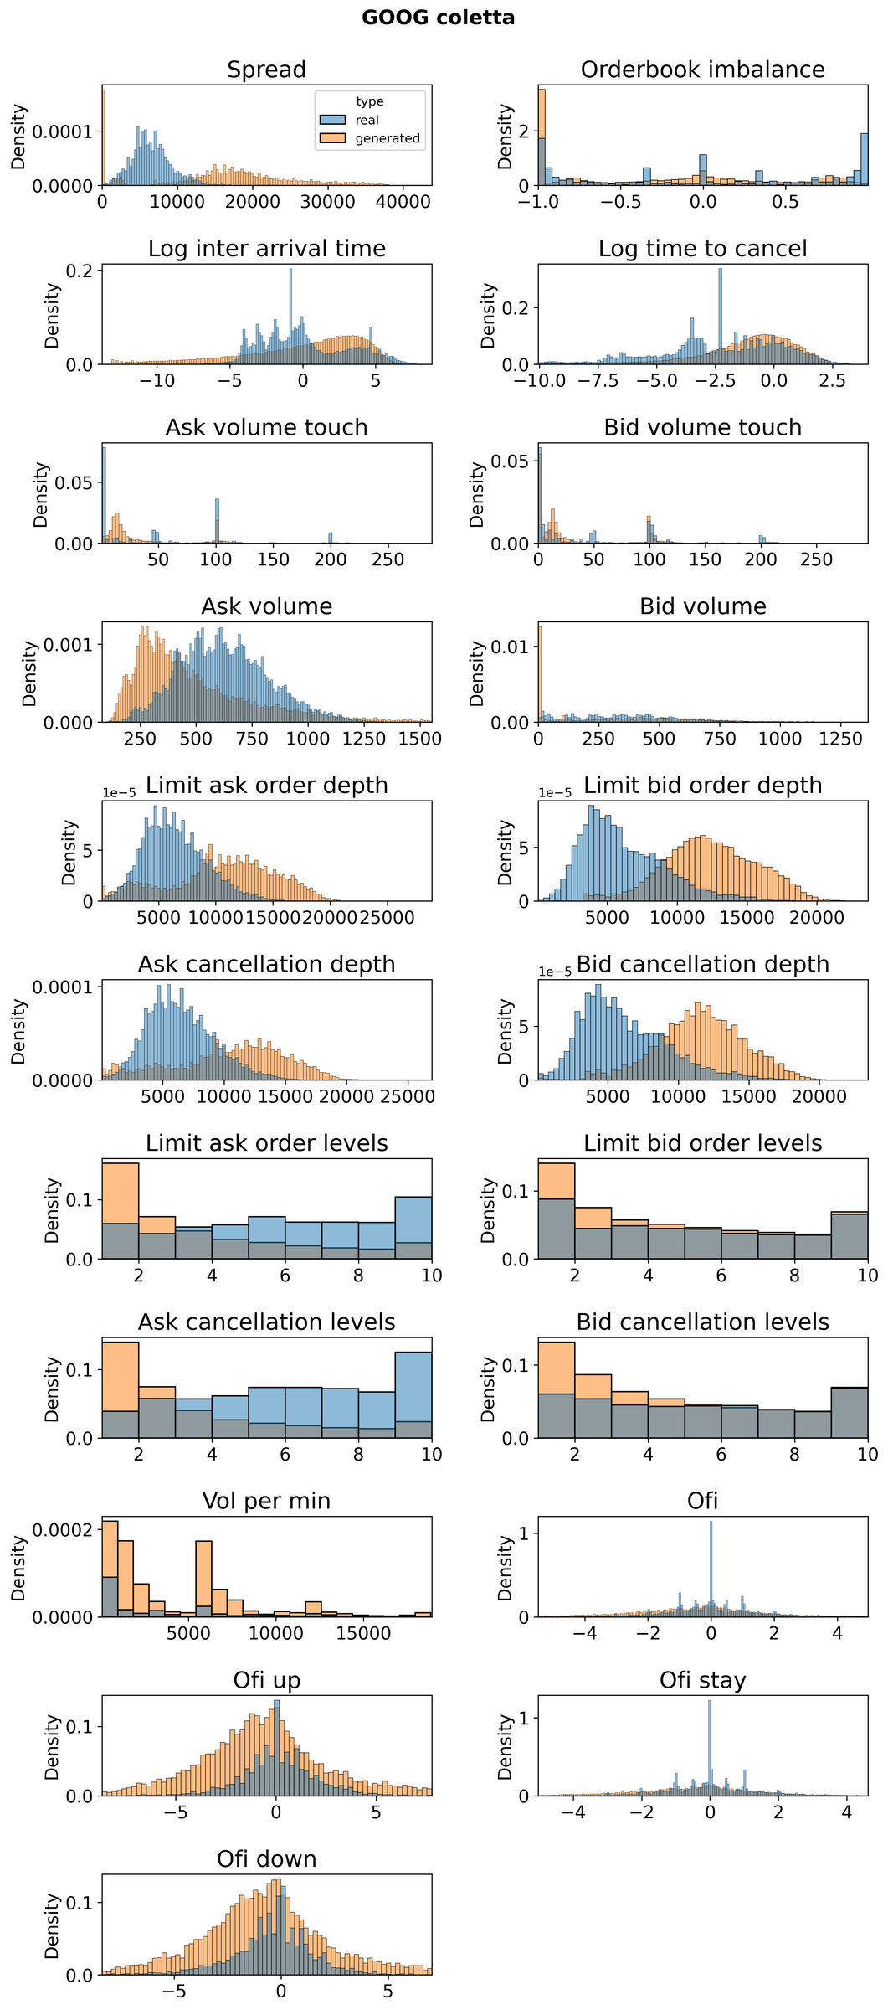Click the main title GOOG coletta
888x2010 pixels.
pyautogui.click(x=438, y=18)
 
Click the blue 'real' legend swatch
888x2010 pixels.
pyautogui.click(x=334, y=120)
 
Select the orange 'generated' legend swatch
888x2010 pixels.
pyautogui.click(x=334, y=138)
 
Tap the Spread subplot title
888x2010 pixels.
pyautogui.click(x=266, y=70)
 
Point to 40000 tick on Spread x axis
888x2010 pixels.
pyautogui.click(x=403, y=202)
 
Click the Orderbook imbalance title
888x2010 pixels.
pyautogui.click(x=702, y=70)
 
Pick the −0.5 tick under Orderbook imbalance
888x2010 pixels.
pyautogui.click(x=618, y=202)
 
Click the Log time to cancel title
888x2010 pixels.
pyautogui.click(x=702, y=249)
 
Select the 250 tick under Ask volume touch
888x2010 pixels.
pyautogui.click(x=387, y=560)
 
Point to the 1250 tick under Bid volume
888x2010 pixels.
pyautogui.click(x=839, y=740)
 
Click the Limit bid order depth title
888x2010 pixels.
pyautogui.click(x=702, y=786)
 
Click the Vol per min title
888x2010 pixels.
pyautogui.click(x=266, y=1502)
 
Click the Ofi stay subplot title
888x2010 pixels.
pyautogui.click(x=702, y=1681)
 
